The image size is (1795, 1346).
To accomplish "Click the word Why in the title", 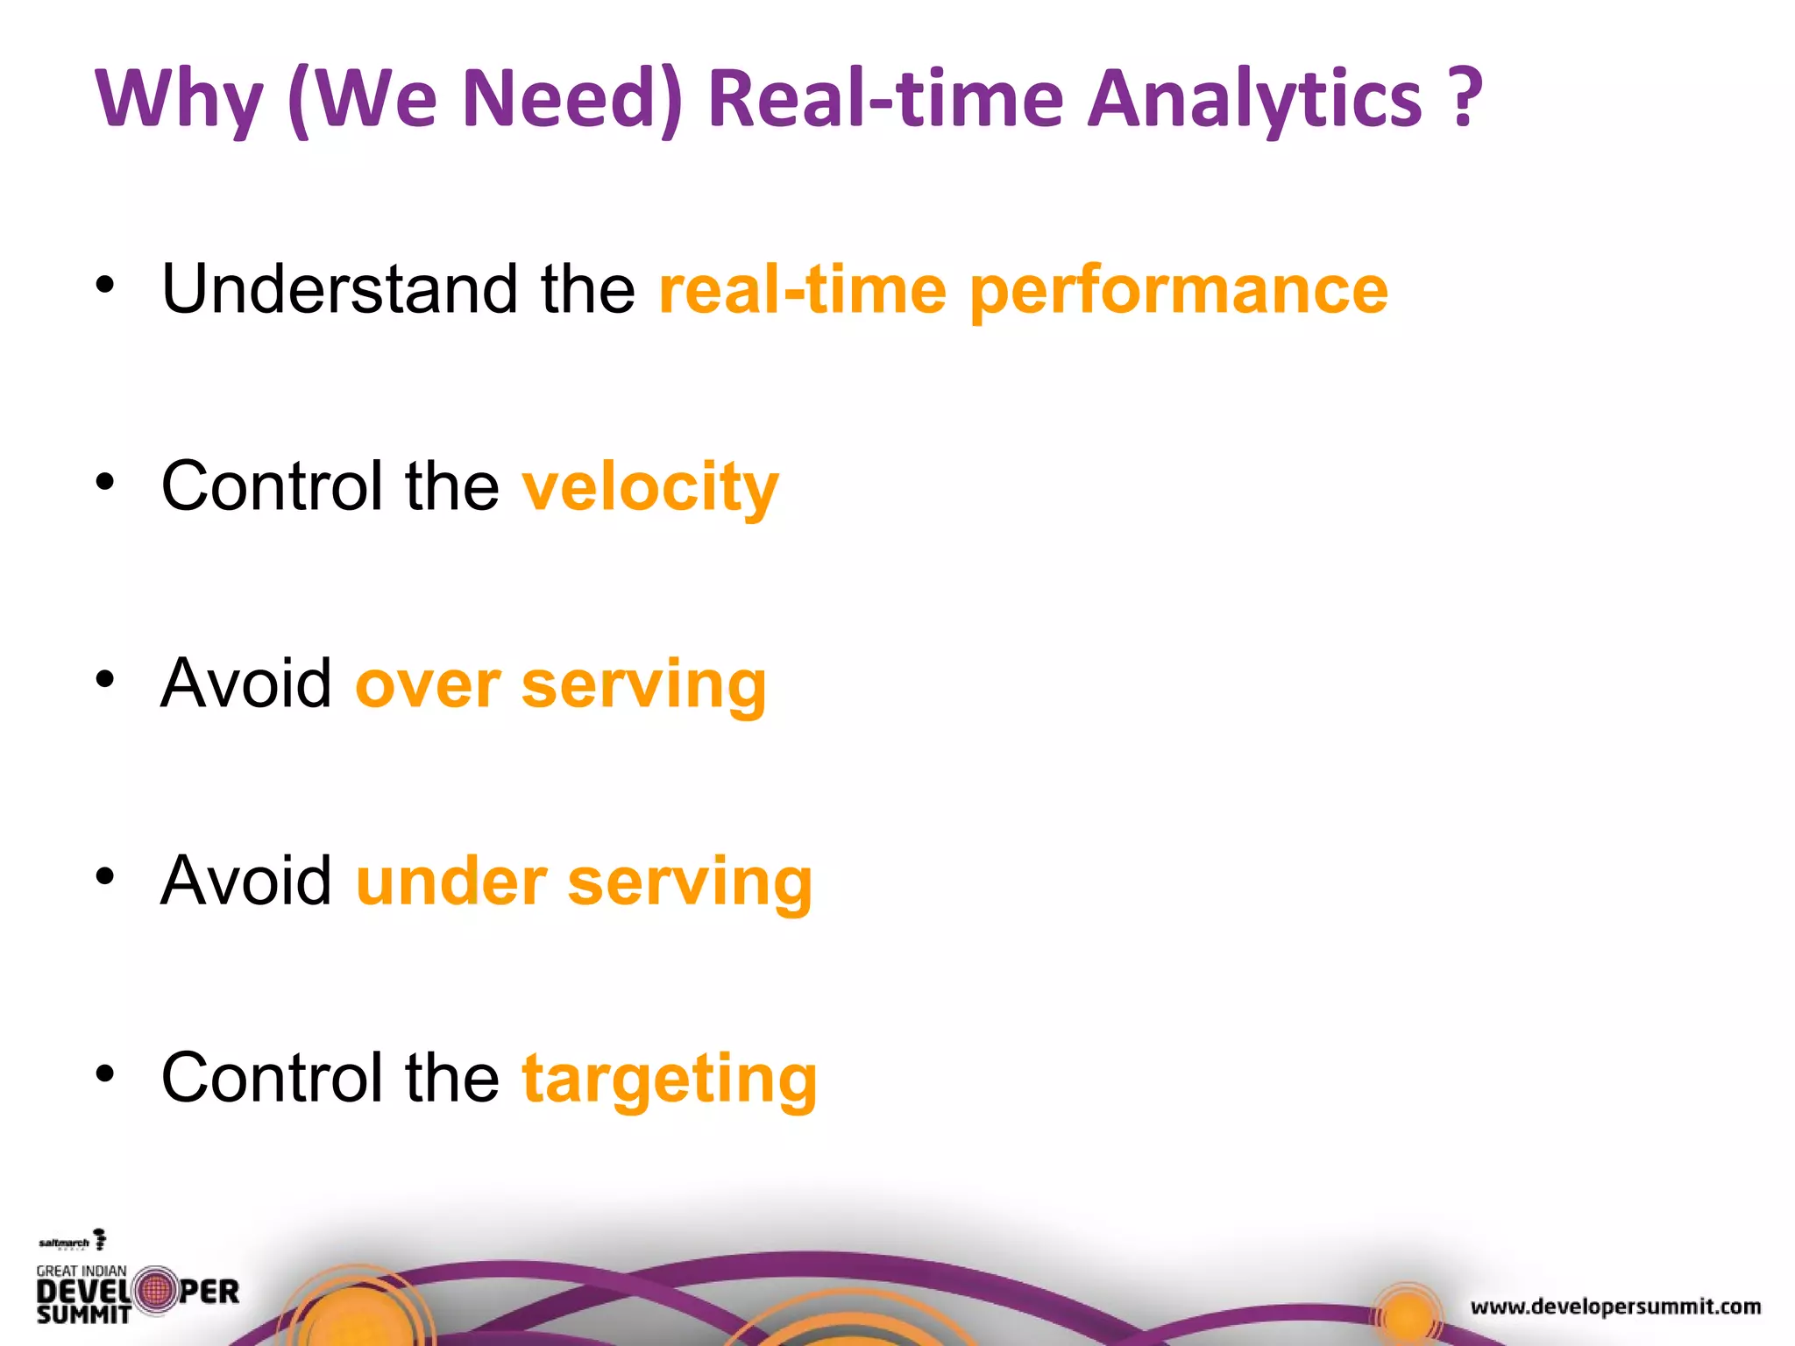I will [x=179, y=99].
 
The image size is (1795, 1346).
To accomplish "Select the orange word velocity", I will [x=649, y=488].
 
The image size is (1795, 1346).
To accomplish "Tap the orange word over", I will [x=428, y=684].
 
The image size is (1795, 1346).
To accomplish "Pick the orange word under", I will [x=451, y=882].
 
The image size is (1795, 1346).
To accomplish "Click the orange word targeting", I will [x=670, y=1080].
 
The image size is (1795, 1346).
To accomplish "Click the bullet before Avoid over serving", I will [x=105, y=679].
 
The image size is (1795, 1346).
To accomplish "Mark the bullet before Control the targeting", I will [x=105, y=1073].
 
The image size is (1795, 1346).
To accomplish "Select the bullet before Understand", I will [x=105, y=285].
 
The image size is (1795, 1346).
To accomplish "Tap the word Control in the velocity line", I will [x=272, y=486].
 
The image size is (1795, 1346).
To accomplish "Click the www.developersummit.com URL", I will [x=1615, y=1307].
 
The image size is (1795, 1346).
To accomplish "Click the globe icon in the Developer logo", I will [x=156, y=1291].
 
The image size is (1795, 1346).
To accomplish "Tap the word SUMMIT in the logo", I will [x=83, y=1314].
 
